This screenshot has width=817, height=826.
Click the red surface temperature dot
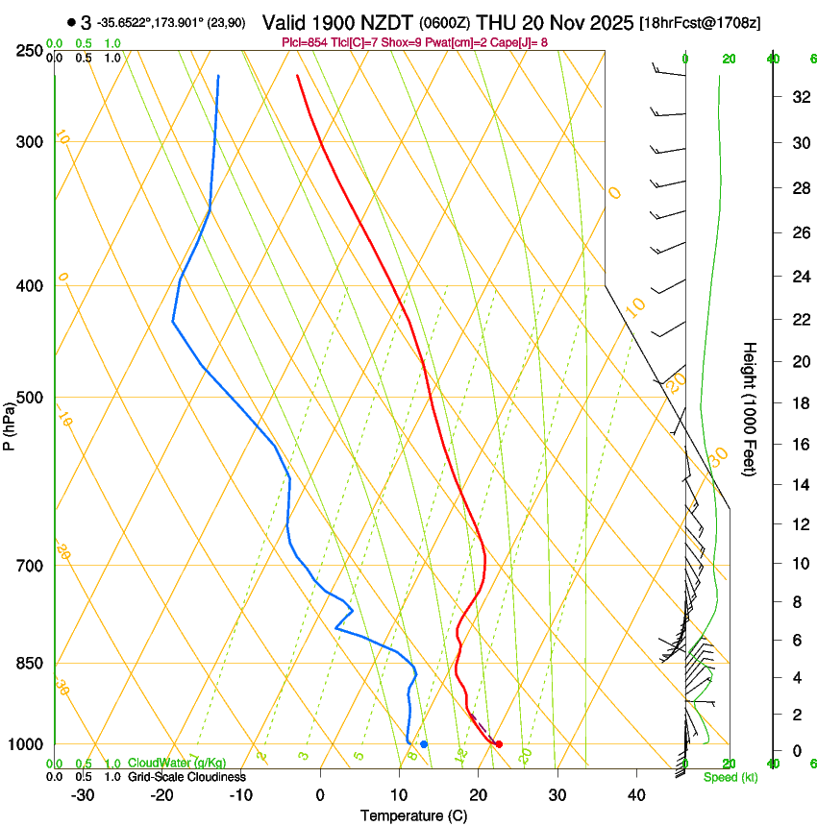pos(498,744)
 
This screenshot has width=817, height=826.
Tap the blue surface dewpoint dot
pos(424,744)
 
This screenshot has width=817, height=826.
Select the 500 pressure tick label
pos(30,398)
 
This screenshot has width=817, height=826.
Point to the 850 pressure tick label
pos(30,664)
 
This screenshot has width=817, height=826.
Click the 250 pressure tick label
pos(30,51)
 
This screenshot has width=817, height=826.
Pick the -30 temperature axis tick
pos(83,795)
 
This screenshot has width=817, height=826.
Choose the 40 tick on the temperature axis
pos(635,795)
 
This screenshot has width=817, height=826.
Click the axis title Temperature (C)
pos(413,815)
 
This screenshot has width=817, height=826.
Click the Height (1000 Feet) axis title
pos(750,409)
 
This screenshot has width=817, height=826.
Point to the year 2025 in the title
pos(607,23)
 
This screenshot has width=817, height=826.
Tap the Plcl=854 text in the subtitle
pos(304,42)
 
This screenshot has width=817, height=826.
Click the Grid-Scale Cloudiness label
pos(186,776)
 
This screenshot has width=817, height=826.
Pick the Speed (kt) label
pos(730,777)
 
